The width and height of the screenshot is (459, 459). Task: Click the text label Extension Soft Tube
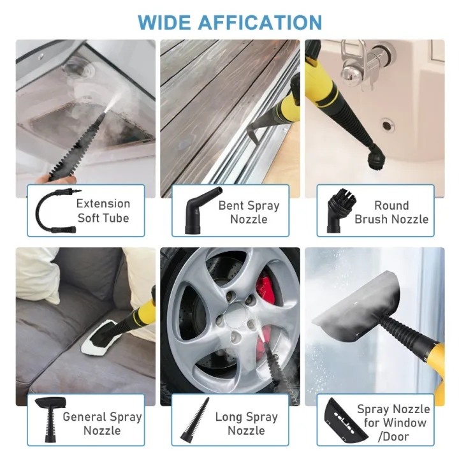point(103,211)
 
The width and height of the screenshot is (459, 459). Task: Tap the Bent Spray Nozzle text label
point(249,212)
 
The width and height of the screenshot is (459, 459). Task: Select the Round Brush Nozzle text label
point(391,212)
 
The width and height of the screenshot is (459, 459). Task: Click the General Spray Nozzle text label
point(102,423)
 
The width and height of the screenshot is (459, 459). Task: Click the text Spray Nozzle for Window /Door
point(393,423)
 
